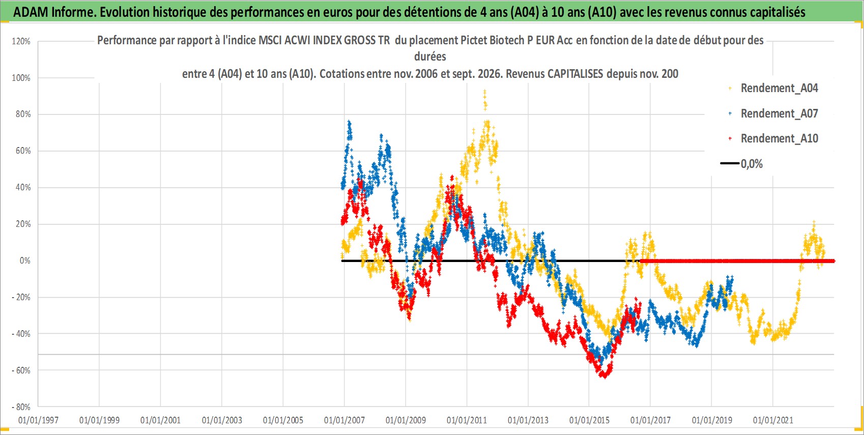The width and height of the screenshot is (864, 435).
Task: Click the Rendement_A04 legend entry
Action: point(773,89)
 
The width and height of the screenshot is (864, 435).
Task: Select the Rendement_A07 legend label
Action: point(773,113)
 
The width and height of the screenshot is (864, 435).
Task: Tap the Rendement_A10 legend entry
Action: point(773,138)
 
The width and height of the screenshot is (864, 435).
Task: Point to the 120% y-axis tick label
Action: point(21,41)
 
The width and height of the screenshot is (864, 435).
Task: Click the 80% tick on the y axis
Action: point(23,114)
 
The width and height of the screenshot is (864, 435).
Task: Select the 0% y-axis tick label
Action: point(25,260)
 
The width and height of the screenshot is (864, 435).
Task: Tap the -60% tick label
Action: point(21,370)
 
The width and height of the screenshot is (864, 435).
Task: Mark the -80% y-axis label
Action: point(21,407)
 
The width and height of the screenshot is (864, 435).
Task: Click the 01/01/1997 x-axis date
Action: point(38,420)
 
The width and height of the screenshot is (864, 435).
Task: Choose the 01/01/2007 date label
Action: point(344,420)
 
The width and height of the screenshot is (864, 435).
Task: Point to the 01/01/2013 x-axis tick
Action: point(528,420)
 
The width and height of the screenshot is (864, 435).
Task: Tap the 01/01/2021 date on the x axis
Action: point(773,420)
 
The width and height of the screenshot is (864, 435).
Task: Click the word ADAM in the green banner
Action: point(31,12)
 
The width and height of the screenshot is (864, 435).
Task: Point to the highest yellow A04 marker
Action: point(484,92)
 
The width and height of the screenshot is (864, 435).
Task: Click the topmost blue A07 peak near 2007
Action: point(349,123)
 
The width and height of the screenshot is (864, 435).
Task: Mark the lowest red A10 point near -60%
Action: point(605,377)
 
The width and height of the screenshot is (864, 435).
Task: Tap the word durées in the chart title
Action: point(430,56)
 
